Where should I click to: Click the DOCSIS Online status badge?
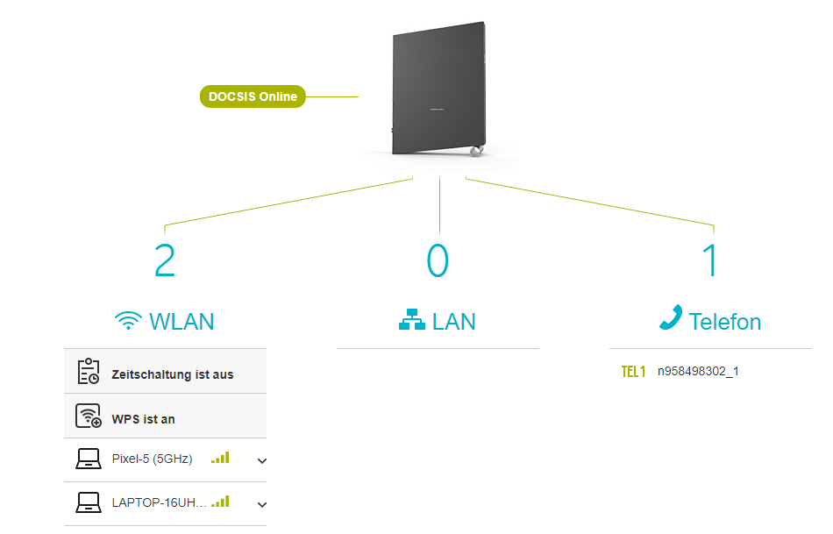tap(253, 96)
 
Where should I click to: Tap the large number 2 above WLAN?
tap(165, 260)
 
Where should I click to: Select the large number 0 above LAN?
tap(438, 260)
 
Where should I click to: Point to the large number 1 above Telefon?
tap(710, 260)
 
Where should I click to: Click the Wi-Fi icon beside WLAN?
tap(128, 321)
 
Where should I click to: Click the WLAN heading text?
tap(182, 322)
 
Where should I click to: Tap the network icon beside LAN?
tap(411, 322)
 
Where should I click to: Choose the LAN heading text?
tap(454, 322)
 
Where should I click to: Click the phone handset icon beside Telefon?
tap(671, 318)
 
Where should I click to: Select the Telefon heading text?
tap(725, 322)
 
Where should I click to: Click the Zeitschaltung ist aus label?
tap(173, 374)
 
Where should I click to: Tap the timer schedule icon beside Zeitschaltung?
tap(89, 372)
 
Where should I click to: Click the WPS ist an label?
tap(144, 419)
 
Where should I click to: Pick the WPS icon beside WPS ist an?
tap(89, 417)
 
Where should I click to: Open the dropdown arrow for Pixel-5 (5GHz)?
tap(261, 460)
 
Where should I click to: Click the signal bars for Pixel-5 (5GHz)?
tap(220, 458)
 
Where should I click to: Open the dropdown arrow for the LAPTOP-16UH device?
tap(261, 504)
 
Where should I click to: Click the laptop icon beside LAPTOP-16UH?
tap(89, 502)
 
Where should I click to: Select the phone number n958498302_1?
tap(698, 371)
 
